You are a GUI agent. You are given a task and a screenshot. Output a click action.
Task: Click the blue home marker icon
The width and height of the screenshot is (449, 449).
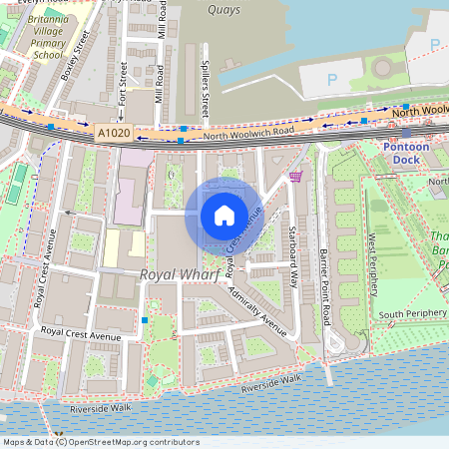224,215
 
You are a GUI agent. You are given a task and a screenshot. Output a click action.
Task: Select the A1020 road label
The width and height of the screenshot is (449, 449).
113,132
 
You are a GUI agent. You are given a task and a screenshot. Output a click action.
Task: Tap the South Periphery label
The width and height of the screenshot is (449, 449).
411,315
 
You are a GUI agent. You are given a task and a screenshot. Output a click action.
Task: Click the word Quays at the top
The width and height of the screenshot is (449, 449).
225,9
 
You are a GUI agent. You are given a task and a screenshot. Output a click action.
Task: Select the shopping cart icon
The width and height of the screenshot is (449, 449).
295,177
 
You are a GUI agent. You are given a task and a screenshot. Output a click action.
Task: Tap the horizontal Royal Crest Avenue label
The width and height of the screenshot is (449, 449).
80,335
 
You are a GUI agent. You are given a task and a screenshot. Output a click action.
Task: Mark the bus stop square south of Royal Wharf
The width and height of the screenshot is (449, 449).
146,320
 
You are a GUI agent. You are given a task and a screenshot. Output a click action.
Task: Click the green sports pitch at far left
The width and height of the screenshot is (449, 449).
19,185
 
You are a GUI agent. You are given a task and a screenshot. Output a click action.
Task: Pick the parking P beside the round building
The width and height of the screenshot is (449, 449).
333,79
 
